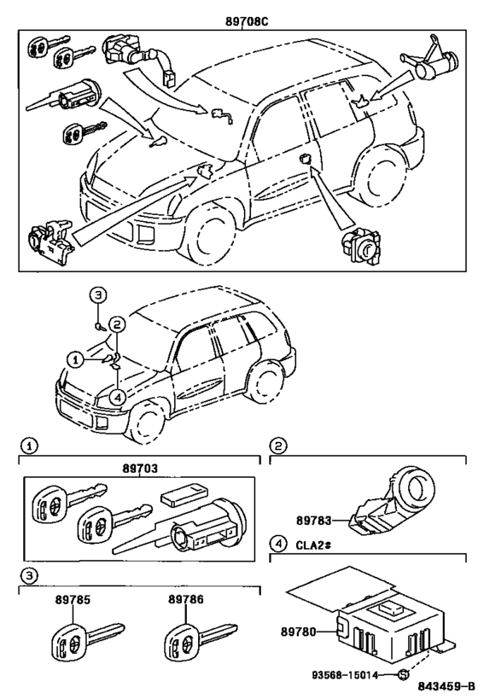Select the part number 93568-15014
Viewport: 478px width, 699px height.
click(x=351, y=674)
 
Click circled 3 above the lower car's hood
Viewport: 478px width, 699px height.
click(x=99, y=295)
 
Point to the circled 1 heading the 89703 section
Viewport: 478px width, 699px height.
click(x=29, y=445)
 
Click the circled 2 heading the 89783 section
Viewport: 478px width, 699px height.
click(x=279, y=445)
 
